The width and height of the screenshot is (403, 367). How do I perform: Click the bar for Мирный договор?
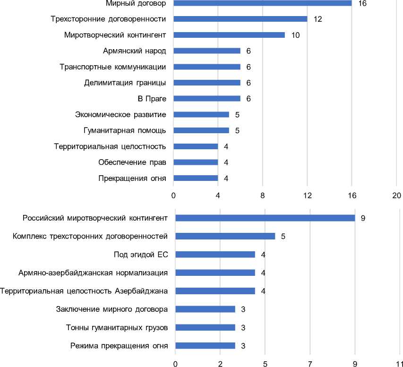262,3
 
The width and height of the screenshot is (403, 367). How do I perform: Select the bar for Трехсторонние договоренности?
240,19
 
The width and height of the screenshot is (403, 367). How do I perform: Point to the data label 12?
317,19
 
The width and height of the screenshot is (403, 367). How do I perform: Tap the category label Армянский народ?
134,51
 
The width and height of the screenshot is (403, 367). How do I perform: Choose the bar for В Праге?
207,99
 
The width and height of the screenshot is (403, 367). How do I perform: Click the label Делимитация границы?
125,83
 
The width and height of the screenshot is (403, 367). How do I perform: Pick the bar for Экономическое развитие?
201,114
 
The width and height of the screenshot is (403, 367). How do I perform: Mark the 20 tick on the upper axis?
396,196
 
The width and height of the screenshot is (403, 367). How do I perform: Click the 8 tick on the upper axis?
263,196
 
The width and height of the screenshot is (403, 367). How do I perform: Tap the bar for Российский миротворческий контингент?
265,218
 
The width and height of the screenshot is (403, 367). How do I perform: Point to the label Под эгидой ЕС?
141,255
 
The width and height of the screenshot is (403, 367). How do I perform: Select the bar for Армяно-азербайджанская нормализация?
215,273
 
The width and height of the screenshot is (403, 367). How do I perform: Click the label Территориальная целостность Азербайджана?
84,291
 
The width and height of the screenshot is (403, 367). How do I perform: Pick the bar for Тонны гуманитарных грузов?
205,327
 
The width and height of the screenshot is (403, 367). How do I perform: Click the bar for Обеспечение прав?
196,162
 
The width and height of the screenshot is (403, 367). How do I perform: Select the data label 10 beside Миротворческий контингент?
296,35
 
